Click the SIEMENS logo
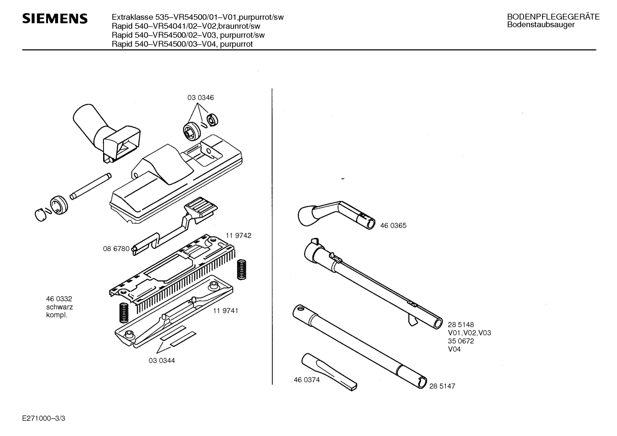click(55, 19)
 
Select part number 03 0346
click(201, 98)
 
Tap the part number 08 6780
click(116, 249)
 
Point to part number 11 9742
click(238, 235)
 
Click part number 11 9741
click(225, 311)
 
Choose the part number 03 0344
click(162, 361)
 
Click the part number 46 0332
click(59, 299)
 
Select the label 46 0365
click(393, 225)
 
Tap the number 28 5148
click(461, 325)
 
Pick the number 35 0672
click(461, 341)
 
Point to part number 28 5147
click(442, 386)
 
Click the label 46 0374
click(307, 380)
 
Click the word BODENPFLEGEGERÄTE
click(553, 17)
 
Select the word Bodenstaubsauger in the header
click(541, 24)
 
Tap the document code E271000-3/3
click(44, 418)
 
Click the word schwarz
click(59, 307)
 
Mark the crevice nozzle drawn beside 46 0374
click(329, 372)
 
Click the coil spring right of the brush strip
click(242, 270)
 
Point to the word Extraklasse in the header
click(132, 17)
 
